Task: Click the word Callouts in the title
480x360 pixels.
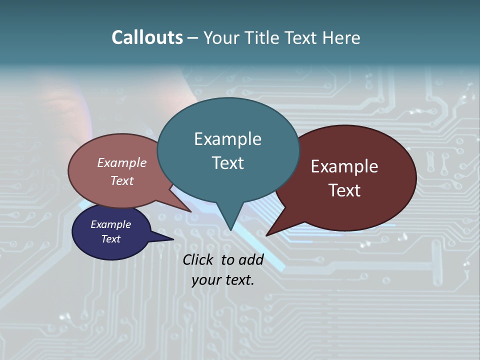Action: click(147, 37)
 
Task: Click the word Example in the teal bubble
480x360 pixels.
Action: click(227, 139)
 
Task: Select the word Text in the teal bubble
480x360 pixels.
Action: click(227, 163)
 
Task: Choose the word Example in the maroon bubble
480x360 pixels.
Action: click(344, 166)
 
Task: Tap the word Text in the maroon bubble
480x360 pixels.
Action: click(345, 190)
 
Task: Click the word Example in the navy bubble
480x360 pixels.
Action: click(110, 224)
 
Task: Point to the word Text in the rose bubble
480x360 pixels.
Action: click(122, 180)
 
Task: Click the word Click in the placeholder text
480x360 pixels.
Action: click(198, 259)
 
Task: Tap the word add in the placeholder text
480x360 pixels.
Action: click(250, 259)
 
